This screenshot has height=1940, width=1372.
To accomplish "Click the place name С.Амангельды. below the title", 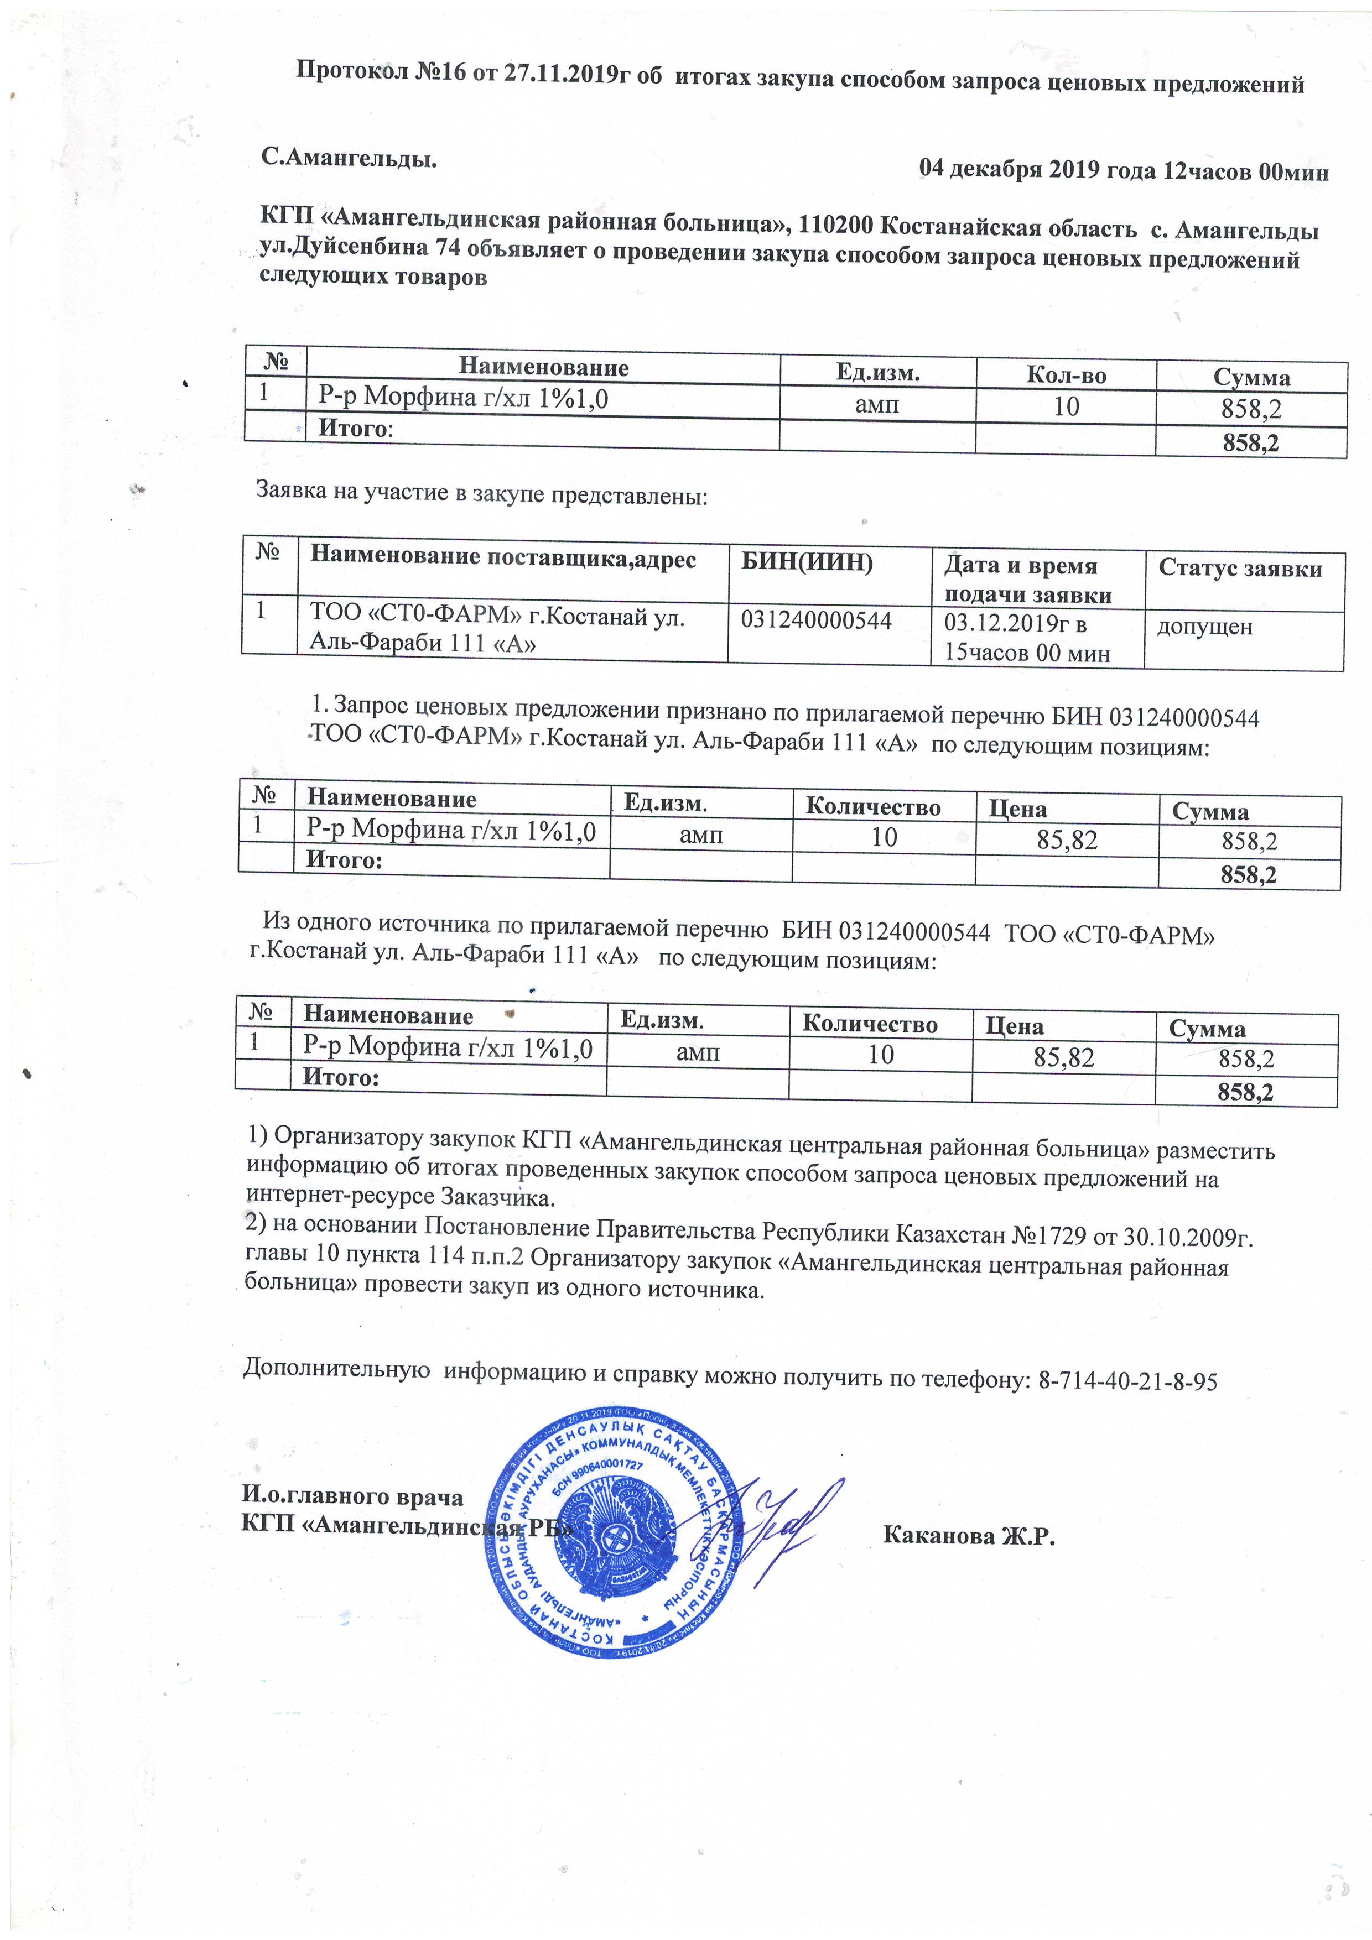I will coord(349,158).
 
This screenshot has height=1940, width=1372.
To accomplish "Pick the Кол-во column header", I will coord(1066,375).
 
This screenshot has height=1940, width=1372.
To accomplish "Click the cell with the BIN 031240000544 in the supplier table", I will coord(816,621).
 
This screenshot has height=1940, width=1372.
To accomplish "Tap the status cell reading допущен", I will coord(1204,627).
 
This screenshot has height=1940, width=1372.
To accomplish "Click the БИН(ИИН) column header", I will coord(807,562).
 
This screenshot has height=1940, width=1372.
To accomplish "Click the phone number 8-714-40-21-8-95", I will coord(1127,1381).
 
